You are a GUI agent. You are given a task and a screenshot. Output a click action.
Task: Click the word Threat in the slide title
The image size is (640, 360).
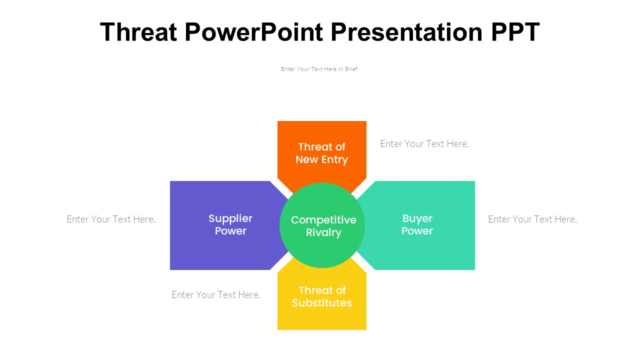[x=138, y=32]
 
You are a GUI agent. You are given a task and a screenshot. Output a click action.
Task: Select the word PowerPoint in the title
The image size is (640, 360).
[x=253, y=32]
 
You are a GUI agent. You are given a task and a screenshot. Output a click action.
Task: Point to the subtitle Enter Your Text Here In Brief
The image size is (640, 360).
[x=320, y=69]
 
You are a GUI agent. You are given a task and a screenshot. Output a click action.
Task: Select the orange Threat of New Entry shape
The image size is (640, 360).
[x=322, y=132]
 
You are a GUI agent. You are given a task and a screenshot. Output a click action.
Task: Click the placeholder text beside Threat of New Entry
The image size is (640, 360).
[x=424, y=144]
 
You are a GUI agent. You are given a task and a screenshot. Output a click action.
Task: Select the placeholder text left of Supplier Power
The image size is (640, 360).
[x=111, y=219]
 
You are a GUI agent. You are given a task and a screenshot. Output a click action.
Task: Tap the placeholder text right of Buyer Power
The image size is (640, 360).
[x=532, y=219]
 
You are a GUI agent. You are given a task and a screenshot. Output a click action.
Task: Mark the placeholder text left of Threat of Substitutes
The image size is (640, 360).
[x=216, y=295]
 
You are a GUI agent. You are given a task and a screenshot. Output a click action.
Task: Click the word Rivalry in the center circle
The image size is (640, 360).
[x=323, y=233]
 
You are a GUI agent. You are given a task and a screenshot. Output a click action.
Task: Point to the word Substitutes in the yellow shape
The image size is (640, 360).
[x=322, y=303]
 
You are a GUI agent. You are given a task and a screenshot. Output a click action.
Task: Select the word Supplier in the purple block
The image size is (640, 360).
[x=230, y=218]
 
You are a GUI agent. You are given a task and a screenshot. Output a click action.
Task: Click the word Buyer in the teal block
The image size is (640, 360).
[x=417, y=218]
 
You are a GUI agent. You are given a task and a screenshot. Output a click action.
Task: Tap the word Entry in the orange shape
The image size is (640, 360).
[x=335, y=159]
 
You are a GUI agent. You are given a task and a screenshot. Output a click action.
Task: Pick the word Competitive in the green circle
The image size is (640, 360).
[x=323, y=220]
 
